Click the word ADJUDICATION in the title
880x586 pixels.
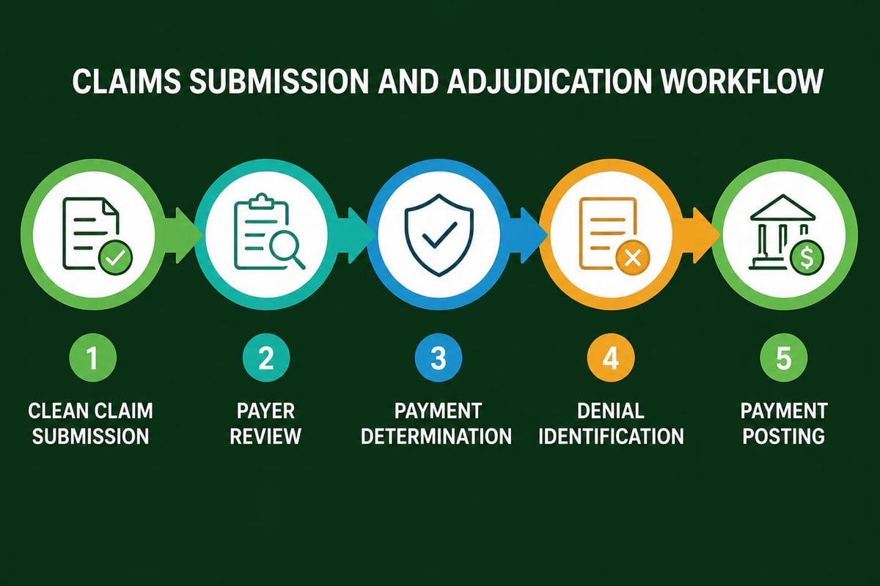tap(531, 81)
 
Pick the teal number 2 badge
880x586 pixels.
tap(265, 358)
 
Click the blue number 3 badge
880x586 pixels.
tap(439, 358)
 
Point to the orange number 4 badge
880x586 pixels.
tap(611, 358)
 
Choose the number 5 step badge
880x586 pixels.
tap(784, 358)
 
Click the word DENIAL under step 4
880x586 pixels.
tap(611, 410)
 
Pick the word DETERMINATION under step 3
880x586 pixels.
tap(439, 437)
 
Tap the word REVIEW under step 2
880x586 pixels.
tap(265, 437)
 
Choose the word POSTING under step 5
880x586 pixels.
tap(784, 437)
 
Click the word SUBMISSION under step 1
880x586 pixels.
tap(92, 437)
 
